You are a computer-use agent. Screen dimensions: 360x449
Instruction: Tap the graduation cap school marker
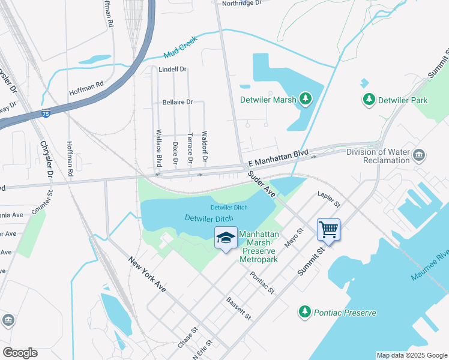226,239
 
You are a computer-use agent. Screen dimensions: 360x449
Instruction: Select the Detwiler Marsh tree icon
306,98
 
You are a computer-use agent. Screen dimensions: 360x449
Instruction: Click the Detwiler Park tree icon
369,100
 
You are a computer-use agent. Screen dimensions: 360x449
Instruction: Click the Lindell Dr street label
173,70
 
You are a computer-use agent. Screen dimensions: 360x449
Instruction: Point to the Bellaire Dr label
177,102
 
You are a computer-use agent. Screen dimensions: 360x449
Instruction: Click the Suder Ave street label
261,185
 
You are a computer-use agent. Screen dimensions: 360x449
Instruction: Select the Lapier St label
328,200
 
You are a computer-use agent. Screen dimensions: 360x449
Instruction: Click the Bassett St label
238,308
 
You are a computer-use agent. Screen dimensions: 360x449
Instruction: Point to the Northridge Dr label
243,3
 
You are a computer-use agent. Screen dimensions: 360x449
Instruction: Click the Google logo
20,353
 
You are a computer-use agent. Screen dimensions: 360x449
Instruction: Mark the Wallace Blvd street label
159,148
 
